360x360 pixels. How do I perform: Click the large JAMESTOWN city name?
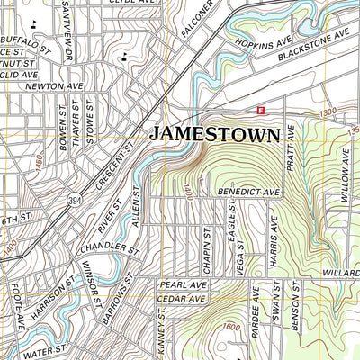pyautogui.click(x=214, y=135)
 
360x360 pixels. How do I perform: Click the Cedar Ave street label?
pyautogui.click(x=184, y=298)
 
